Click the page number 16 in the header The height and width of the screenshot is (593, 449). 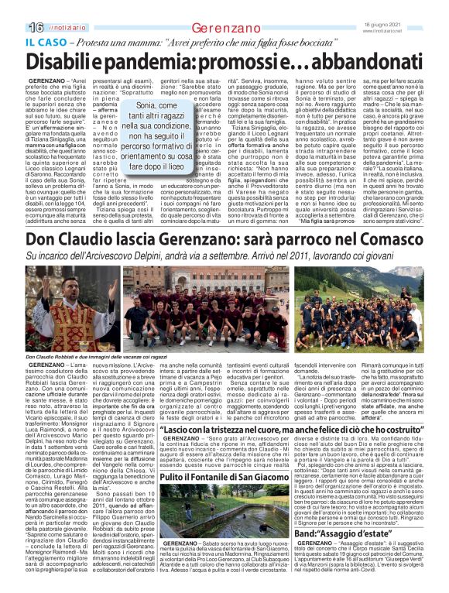(15, 7)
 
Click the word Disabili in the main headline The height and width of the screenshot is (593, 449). (77, 57)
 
